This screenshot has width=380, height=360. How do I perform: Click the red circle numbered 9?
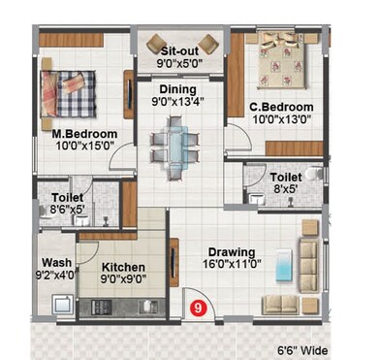point(199,309)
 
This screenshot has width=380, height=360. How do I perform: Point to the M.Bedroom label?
point(84,133)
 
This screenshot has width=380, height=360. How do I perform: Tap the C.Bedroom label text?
point(280,107)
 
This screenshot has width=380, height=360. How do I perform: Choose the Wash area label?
point(53,262)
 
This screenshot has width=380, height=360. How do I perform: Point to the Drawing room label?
point(230,247)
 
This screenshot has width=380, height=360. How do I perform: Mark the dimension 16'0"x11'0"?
point(230,261)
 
